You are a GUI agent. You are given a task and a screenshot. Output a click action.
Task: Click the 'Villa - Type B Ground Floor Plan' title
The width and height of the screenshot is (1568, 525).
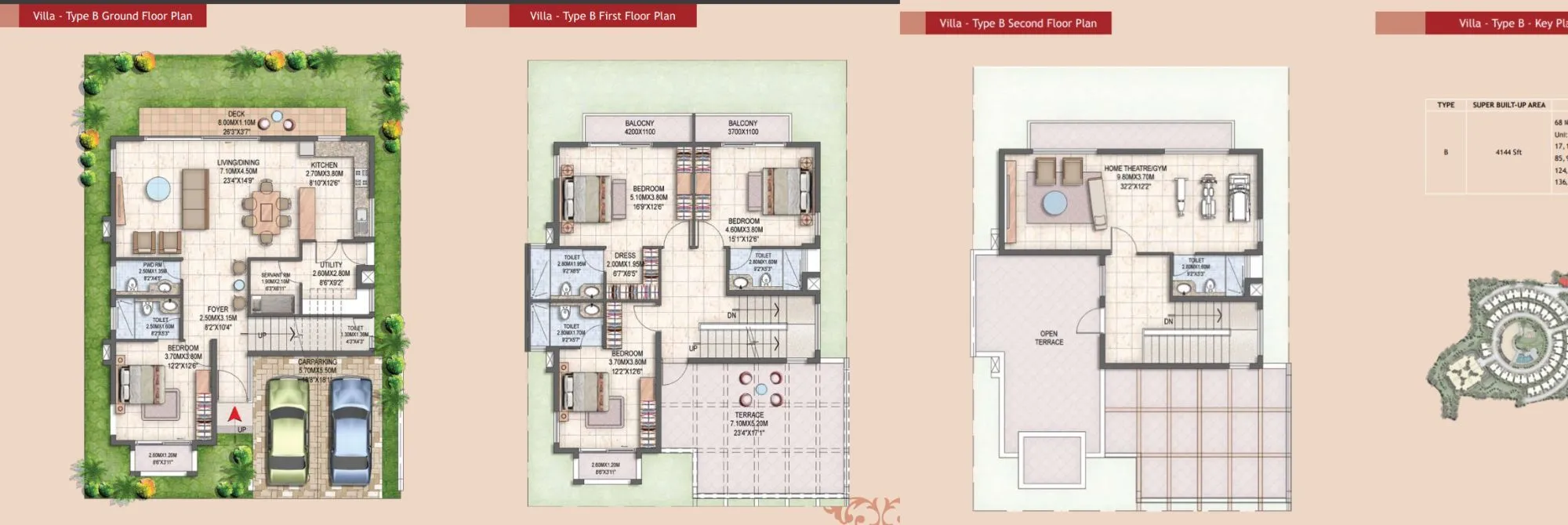click(x=112, y=16)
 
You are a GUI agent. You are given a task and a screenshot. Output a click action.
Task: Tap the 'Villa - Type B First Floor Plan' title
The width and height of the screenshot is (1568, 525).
click(x=602, y=16)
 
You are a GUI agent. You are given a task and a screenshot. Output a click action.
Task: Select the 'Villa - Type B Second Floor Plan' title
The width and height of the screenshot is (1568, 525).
click(x=1018, y=24)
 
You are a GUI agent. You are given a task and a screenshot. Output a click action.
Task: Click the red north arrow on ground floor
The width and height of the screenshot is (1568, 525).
click(x=234, y=415)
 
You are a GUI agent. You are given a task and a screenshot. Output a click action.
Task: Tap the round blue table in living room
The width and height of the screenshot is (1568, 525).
click(x=158, y=189)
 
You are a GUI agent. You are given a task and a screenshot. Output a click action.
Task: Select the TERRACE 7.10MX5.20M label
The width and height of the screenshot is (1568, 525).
click(x=749, y=424)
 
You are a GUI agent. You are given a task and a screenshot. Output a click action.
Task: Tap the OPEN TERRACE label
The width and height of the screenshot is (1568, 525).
click(x=1048, y=338)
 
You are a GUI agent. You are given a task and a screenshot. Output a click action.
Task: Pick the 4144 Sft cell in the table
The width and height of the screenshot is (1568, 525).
click(x=1508, y=152)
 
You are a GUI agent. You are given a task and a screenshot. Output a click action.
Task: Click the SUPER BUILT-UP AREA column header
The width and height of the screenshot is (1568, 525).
click(x=1508, y=105)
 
